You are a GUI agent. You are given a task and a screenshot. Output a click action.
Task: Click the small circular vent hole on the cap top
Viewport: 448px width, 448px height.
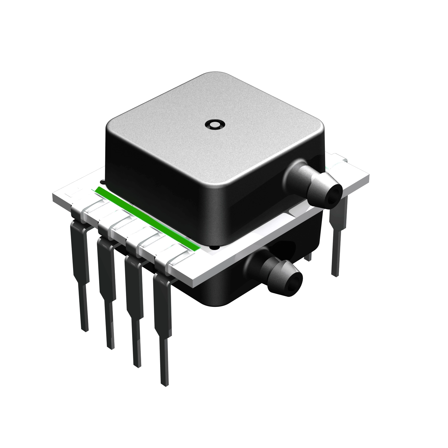tap(214, 124)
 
